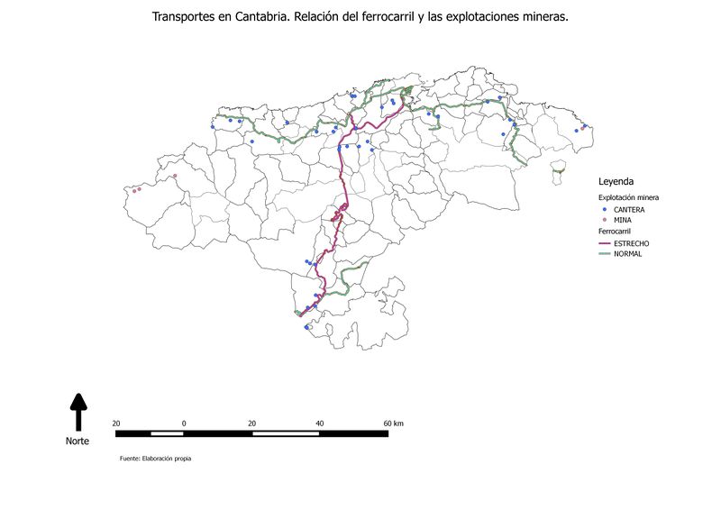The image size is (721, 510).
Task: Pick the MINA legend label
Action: [623, 220]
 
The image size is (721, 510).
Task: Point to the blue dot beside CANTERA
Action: [604, 209]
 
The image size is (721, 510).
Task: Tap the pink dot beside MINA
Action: [604, 220]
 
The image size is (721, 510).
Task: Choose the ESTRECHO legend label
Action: [631, 243]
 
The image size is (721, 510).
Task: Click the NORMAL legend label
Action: [628, 254]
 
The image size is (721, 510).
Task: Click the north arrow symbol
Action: [78, 411]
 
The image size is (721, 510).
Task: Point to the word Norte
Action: [78, 441]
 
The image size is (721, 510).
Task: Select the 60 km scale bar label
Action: [393, 423]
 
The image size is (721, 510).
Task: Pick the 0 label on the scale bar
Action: [184, 423]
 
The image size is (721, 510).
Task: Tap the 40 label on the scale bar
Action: [320, 423]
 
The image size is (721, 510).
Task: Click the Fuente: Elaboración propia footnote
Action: [155, 459]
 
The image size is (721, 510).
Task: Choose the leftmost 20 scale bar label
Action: [116, 423]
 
